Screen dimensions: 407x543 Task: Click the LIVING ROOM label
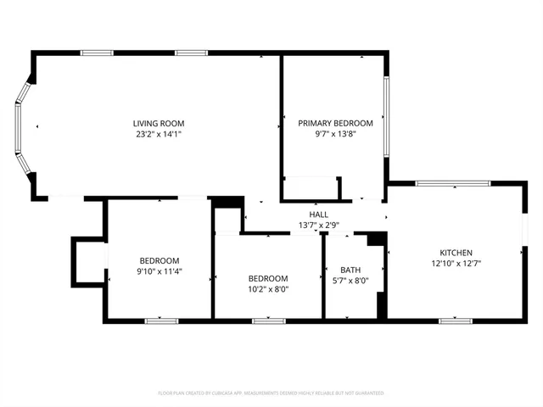point(158,124)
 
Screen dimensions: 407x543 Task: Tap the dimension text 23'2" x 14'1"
point(158,134)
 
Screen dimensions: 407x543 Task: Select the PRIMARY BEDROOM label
point(335,124)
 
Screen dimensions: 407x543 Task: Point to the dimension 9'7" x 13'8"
point(335,134)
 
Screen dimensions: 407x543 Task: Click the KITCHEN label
point(456,253)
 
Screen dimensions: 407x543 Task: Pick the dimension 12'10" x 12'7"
point(456,263)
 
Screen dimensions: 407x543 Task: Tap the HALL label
point(318,215)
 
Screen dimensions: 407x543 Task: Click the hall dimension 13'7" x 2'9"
point(318,225)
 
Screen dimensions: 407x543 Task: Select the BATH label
point(350,270)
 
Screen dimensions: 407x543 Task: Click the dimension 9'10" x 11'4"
point(160,270)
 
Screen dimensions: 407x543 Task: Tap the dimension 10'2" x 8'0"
point(267,288)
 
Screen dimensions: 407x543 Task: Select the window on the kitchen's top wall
point(452,182)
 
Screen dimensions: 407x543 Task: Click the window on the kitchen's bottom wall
point(455,321)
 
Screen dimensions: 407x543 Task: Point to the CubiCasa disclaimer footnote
point(271,393)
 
